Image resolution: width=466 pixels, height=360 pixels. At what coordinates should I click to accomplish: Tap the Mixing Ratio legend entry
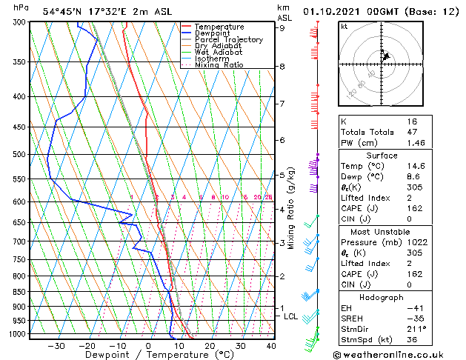218,65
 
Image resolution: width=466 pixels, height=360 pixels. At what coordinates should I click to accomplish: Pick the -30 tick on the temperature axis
56,346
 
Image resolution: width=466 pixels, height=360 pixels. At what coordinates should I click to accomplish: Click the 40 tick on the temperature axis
271,346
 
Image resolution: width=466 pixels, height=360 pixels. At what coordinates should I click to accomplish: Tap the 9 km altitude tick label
282,28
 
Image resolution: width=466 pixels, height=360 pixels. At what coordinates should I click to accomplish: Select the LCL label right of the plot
291,316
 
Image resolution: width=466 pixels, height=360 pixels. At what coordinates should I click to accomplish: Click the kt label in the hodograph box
344,26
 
